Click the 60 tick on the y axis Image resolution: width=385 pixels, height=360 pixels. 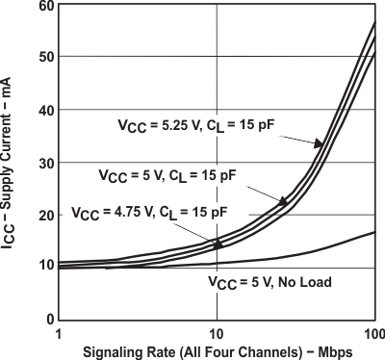(x=45, y=7)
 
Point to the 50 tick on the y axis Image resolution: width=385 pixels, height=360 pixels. (x=45, y=58)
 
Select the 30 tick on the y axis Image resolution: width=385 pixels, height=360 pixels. (x=45, y=163)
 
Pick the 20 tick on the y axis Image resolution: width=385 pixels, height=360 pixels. (x=45, y=215)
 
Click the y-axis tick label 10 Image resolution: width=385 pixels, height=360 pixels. (x=45, y=267)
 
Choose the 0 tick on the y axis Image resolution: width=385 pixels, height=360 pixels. (x=48, y=319)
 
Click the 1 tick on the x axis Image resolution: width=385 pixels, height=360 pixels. (x=60, y=332)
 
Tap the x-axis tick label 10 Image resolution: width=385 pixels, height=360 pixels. (x=218, y=332)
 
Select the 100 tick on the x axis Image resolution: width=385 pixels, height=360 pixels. (x=373, y=332)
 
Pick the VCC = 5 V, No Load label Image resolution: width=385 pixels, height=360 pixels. (x=270, y=282)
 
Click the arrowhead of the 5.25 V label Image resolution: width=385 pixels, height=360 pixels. (x=319, y=144)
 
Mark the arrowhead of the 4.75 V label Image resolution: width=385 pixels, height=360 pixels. (x=218, y=244)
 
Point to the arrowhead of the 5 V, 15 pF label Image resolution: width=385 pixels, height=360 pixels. (x=284, y=201)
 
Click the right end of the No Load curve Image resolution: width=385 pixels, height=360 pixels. (x=374, y=232)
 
